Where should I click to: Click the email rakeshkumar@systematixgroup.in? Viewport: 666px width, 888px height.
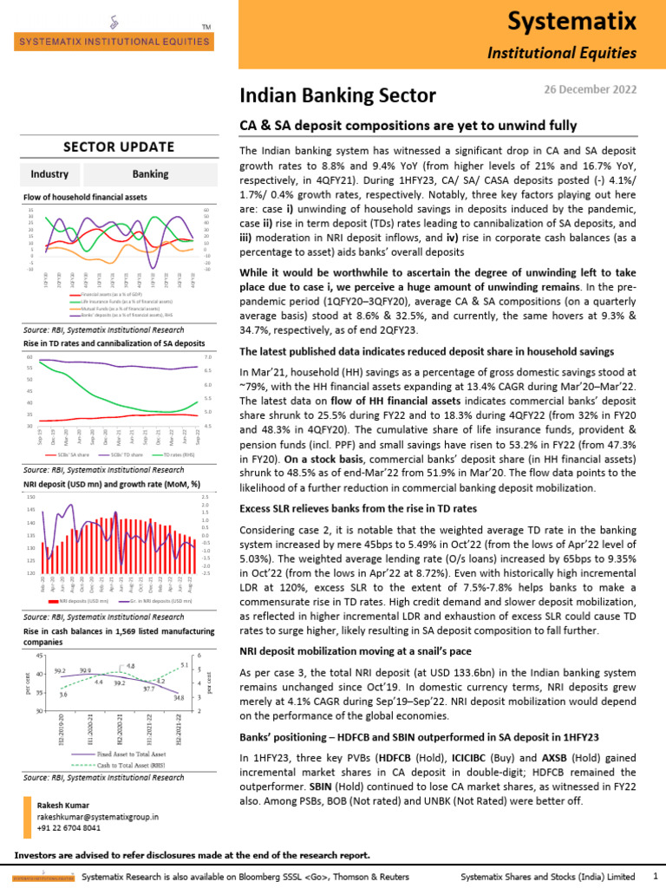point(97,817)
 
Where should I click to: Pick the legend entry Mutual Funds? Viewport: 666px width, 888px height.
point(113,308)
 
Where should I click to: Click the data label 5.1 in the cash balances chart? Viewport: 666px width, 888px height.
point(183,665)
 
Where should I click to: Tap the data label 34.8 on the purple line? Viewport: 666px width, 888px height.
point(179,697)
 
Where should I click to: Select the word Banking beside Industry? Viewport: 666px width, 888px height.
point(150,174)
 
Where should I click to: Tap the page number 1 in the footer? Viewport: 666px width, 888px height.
point(653,877)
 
